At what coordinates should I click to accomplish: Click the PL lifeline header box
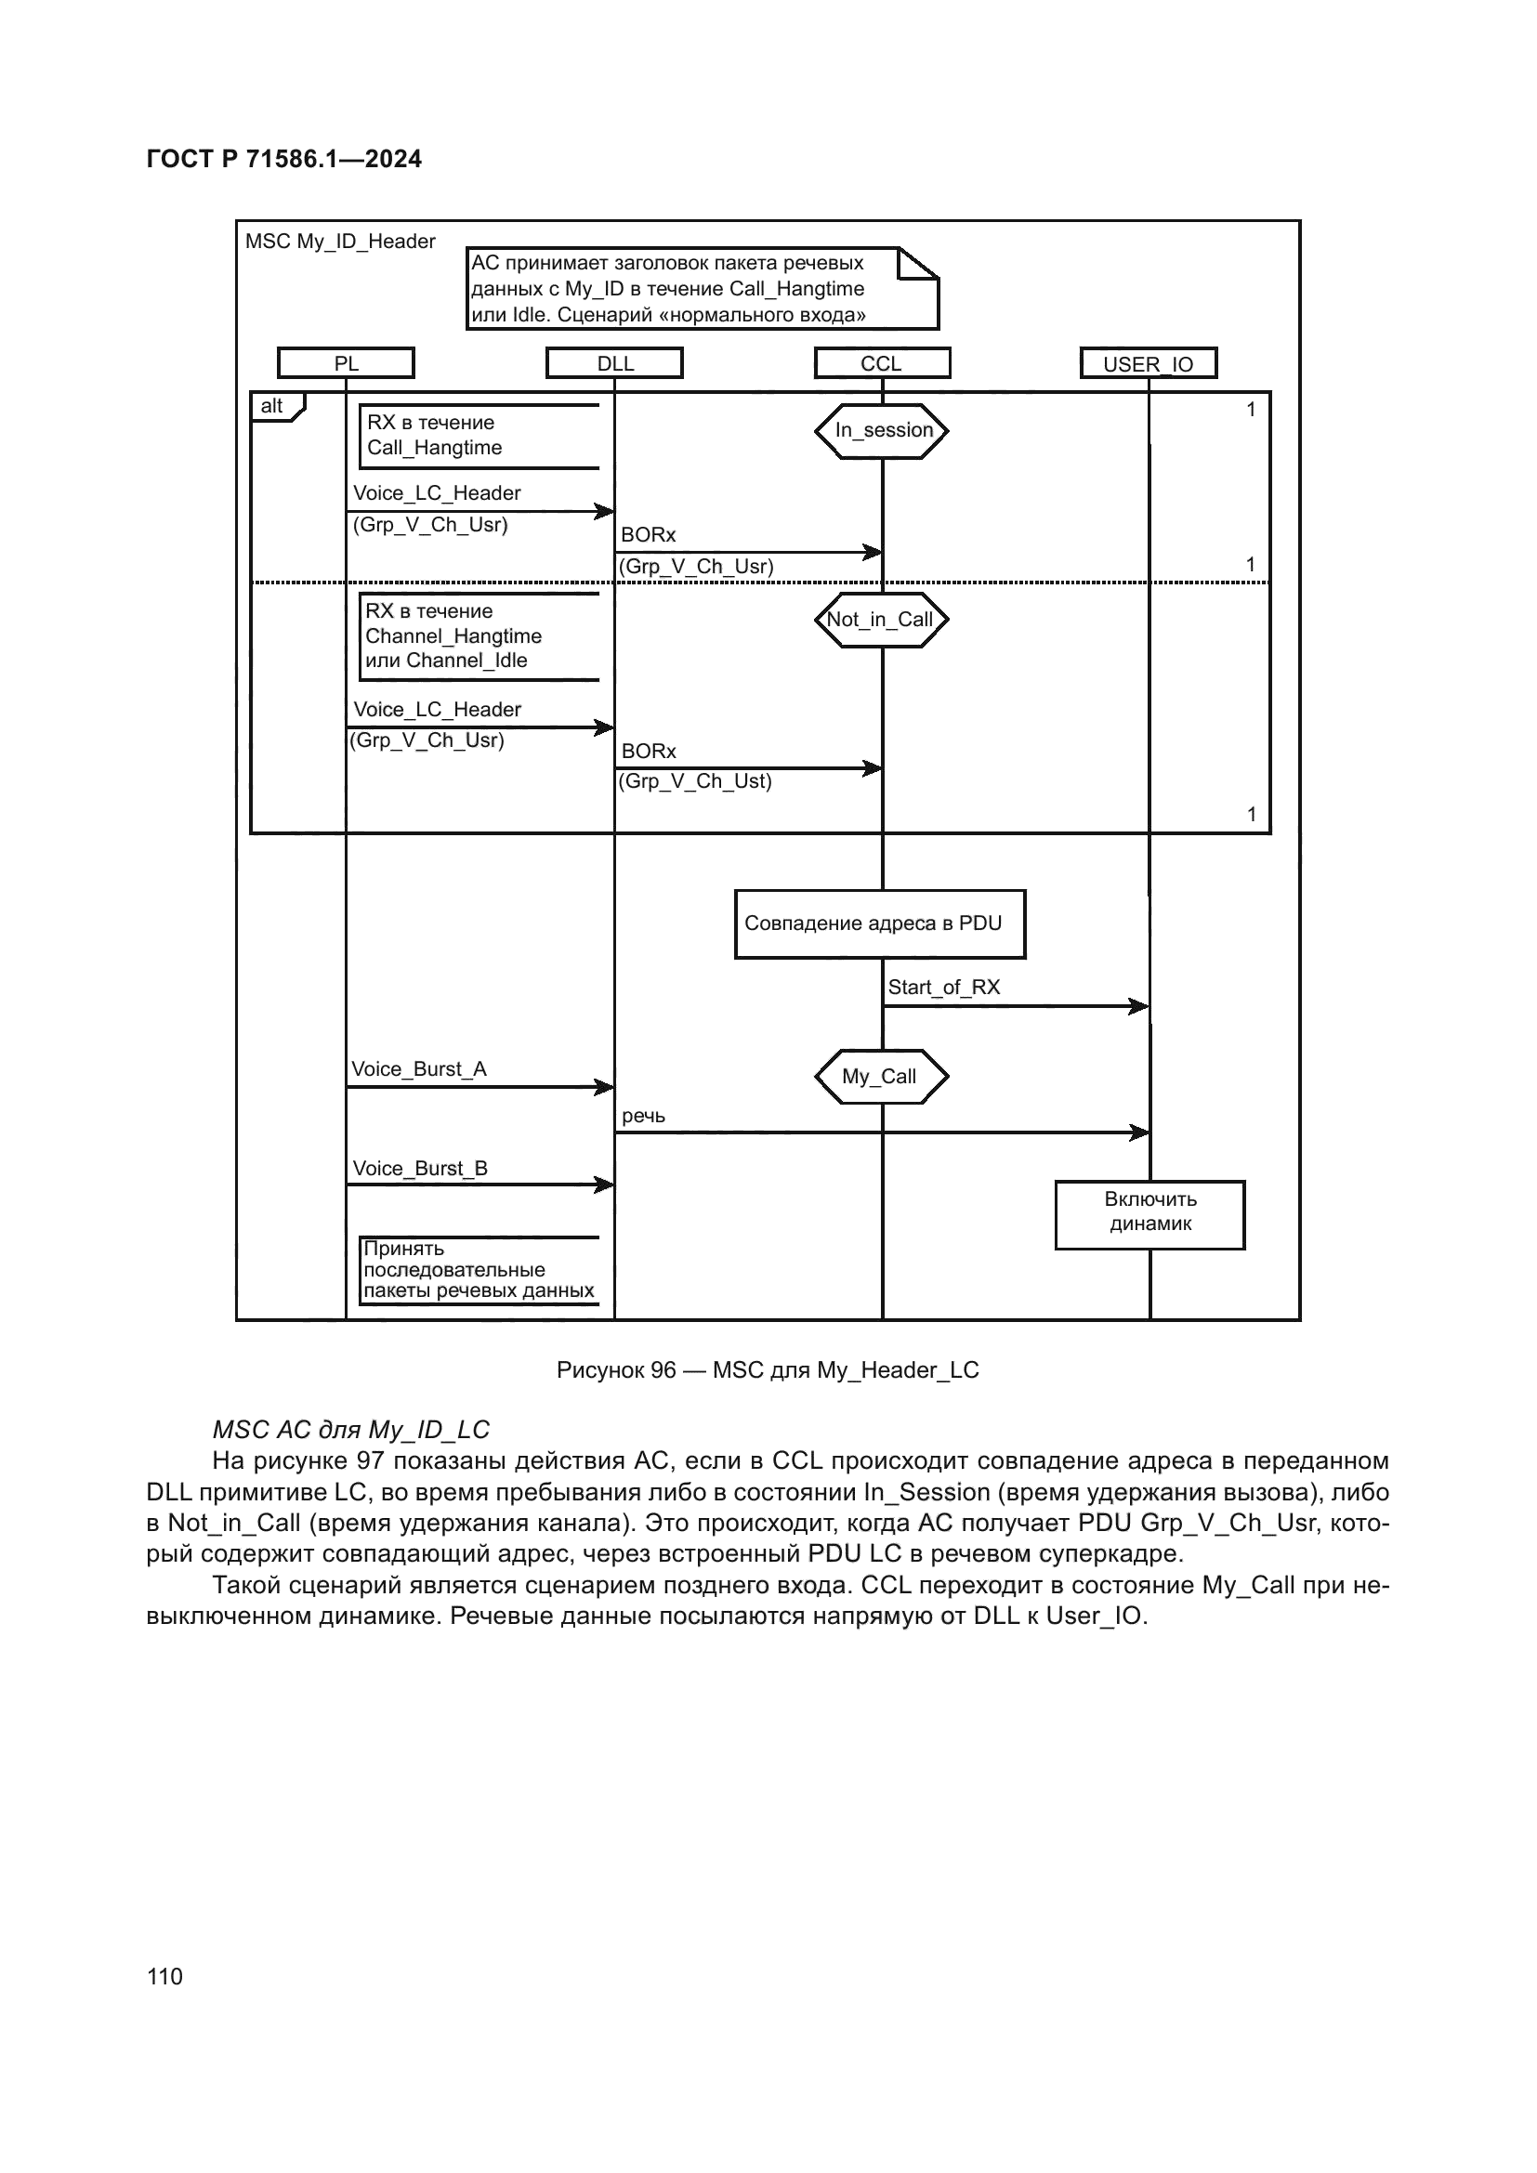(346, 363)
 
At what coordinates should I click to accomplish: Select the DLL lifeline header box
(614, 363)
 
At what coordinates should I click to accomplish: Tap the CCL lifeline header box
(881, 363)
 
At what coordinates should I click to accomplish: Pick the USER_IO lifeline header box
(1148, 363)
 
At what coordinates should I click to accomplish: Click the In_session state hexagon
(882, 431)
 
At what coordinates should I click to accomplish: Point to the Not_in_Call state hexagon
(881, 620)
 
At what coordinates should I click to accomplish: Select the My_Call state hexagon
(880, 1076)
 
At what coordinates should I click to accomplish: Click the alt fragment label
(272, 406)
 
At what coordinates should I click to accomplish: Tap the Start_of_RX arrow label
(943, 988)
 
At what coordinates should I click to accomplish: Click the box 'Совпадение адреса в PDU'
(879, 923)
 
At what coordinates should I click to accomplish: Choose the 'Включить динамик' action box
(1149, 1214)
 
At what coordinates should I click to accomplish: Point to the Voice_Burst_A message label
(419, 1069)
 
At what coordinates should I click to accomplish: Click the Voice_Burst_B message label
(420, 1169)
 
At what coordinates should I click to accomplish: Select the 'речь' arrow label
(644, 1117)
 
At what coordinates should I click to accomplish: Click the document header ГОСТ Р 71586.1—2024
(284, 159)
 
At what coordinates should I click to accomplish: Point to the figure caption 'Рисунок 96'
(768, 1370)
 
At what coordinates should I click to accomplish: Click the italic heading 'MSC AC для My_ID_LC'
(351, 1429)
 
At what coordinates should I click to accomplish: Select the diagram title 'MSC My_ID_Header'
(340, 242)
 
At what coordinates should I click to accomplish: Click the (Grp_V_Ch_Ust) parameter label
(696, 781)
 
